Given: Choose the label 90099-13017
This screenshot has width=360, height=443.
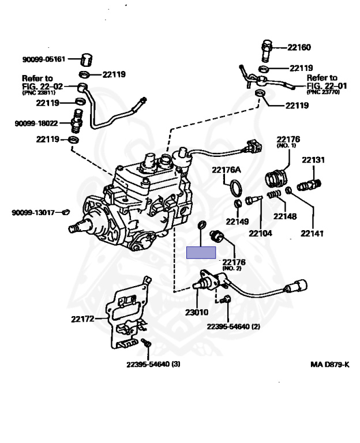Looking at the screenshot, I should point(33,212).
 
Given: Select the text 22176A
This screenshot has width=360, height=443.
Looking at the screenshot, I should point(226,170).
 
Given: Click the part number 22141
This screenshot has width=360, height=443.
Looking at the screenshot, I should point(312,234).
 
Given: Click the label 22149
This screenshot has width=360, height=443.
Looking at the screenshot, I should point(237,221).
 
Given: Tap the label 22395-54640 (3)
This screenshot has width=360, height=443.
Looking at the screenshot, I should point(154,364).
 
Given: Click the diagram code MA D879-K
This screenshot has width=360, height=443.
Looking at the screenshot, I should point(329,365).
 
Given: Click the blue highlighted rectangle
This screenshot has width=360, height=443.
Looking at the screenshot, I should point(200,251).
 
